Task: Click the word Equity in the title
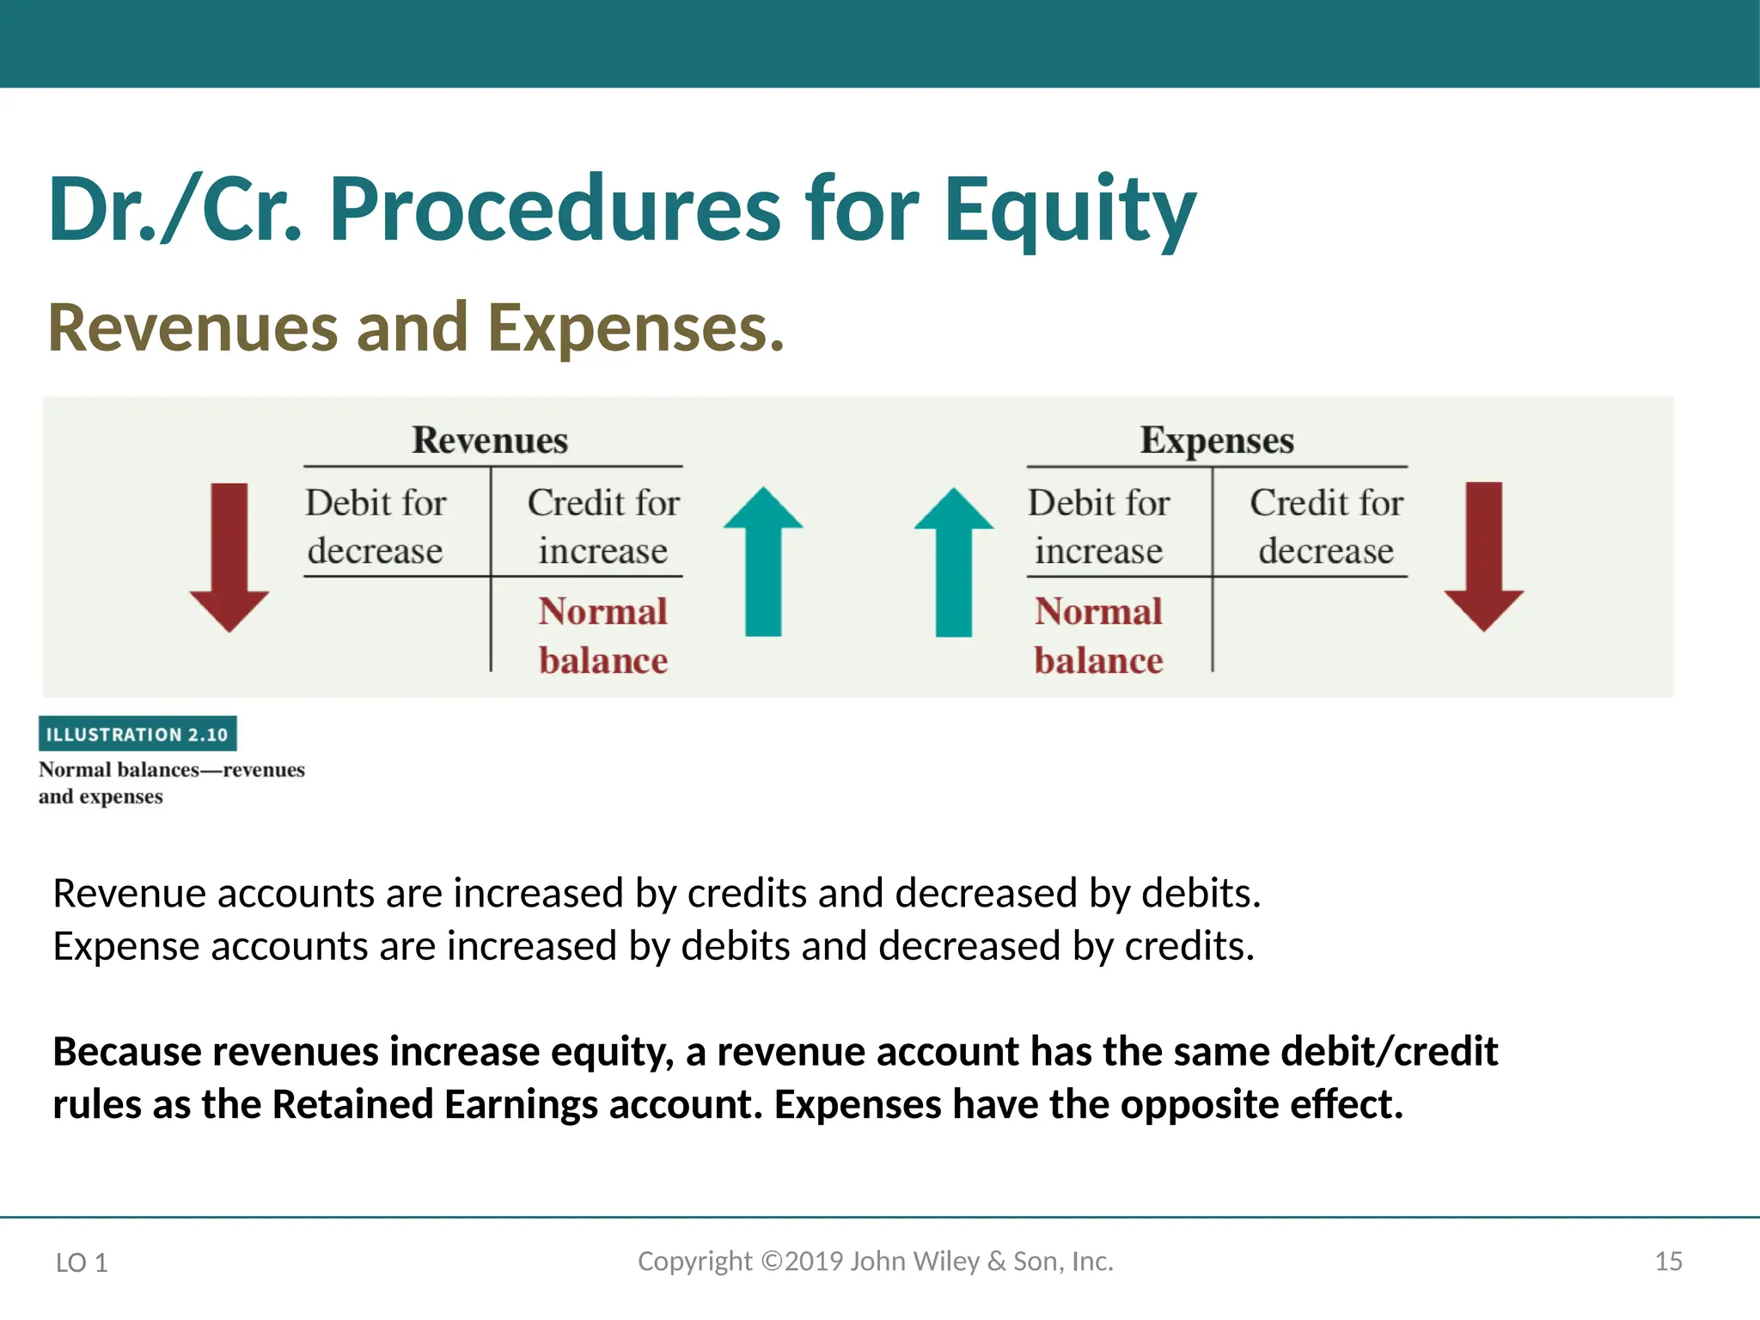pos(1069,211)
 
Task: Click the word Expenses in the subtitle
pos(636,328)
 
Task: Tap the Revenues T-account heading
pos(490,440)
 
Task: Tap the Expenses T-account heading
pos(1216,440)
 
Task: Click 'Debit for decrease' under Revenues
pos(376,526)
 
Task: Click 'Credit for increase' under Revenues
pos(603,526)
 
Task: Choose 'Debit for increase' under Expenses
pos(1099,526)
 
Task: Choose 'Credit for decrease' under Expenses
pos(1326,526)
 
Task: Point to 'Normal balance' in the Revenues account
pos(603,636)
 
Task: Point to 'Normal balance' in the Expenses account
pos(1098,636)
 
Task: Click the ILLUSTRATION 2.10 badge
pos(137,734)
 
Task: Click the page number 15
pos(1668,1261)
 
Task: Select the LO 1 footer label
pos(82,1262)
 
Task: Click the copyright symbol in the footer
pos(772,1261)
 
